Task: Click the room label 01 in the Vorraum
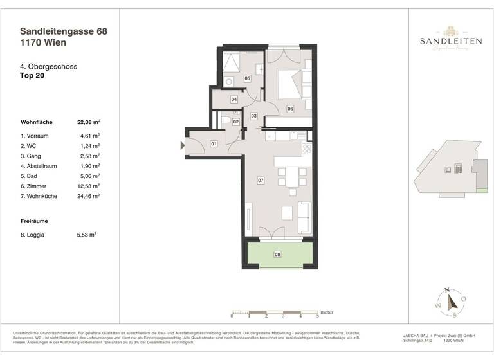214,144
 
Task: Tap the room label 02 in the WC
236,122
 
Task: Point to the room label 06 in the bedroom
290,109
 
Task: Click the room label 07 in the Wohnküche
261,181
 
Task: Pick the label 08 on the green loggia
278,255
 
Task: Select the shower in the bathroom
230,65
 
